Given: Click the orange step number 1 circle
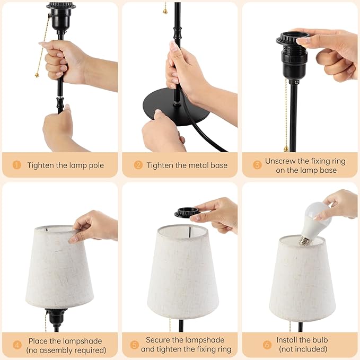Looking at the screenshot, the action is (17, 165).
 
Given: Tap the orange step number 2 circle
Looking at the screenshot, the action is (138, 165).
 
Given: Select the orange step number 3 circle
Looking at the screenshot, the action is (257, 165).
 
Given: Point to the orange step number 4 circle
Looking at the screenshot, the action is (17, 345).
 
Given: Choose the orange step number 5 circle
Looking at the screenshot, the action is (134, 345).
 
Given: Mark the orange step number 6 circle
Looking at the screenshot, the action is (267, 345).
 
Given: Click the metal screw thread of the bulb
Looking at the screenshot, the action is (305, 241).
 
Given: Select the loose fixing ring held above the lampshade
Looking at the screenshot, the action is (187, 212).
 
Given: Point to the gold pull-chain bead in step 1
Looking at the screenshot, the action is (37, 75).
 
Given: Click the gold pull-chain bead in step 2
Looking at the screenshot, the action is (165, 11).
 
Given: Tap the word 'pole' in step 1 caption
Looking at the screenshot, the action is (95, 165).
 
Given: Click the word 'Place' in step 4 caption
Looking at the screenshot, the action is (38, 341).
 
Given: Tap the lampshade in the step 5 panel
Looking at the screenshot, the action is (183, 272).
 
